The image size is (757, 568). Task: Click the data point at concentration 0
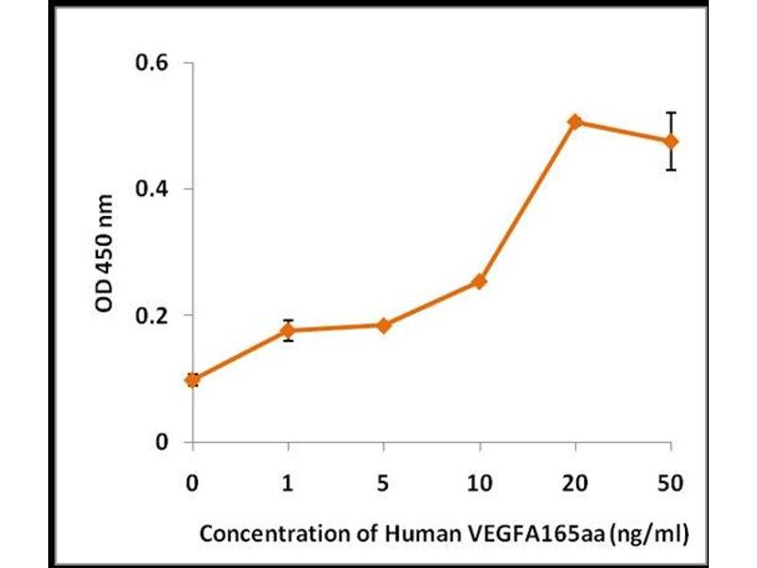click(x=193, y=380)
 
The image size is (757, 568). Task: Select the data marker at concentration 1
click(x=288, y=330)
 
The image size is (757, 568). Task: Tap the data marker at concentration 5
click(x=383, y=326)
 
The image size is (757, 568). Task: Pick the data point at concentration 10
click(x=480, y=281)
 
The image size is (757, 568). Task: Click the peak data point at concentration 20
click(x=575, y=122)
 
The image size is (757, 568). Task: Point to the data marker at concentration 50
click(x=671, y=141)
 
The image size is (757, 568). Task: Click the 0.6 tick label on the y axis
click(x=151, y=62)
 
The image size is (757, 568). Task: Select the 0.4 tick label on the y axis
click(x=151, y=189)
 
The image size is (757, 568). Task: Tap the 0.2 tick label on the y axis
click(x=151, y=315)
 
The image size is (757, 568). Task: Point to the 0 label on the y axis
click(x=162, y=442)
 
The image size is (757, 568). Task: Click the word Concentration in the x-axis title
click(x=257, y=533)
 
